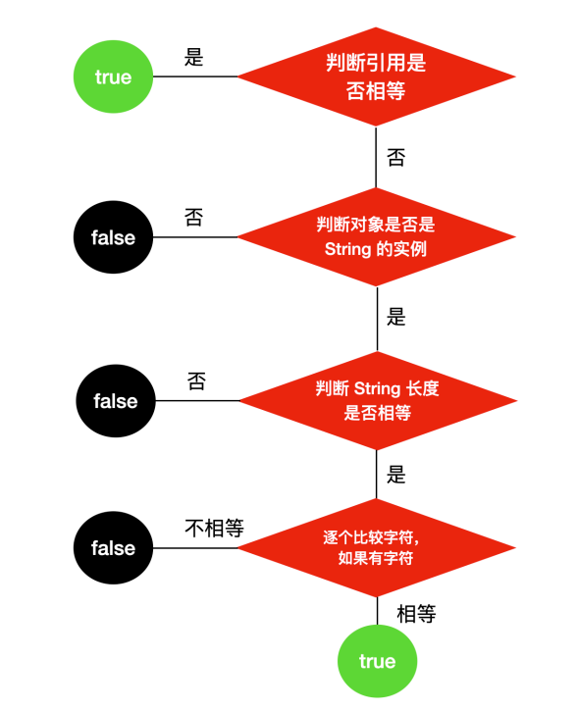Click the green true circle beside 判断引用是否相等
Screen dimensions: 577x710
pos(113,76)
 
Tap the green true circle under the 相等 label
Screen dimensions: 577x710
pos(377,661)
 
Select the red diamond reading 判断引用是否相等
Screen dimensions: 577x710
pos(376,76)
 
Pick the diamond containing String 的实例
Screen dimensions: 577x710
pos(376,236)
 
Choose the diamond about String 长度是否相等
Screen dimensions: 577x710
pos(378,401)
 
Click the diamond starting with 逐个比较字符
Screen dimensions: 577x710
pos(376,548)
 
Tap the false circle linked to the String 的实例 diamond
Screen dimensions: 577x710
pos(113,237)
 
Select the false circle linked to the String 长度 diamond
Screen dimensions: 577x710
pos(116,401)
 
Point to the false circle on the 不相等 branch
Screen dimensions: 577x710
pos(113,548)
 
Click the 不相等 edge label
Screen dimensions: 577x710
pos(214,528)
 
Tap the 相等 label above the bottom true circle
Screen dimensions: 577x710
pos(416,614)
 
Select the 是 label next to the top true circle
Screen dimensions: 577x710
pos(193,57)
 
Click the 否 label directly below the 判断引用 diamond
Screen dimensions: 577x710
pos(395,158)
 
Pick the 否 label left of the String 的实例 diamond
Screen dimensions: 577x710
pos(193,217)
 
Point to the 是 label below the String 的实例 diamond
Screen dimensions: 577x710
pos(395,317)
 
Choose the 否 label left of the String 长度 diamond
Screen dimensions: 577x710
pos(196,381)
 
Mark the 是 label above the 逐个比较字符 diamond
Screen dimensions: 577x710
pos(395,475)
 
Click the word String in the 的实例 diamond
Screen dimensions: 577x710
pos(348,249)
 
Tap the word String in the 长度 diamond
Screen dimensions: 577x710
pos(377,388)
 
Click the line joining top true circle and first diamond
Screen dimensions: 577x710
pos(195,76)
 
